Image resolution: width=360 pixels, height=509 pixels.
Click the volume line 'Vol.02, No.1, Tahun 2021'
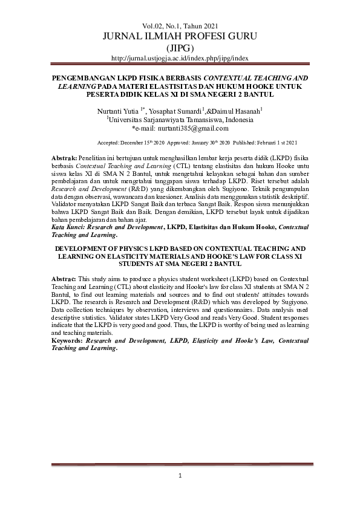pos(180,26)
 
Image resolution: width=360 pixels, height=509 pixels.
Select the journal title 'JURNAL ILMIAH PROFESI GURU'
pos(180,37)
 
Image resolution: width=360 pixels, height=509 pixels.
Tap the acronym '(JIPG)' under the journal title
pos(180,48)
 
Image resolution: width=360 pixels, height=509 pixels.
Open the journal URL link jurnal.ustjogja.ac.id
pos(180,58)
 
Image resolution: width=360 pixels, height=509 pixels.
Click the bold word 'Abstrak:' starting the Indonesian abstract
pos(64,157)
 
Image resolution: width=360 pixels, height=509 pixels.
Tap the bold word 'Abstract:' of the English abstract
pos(64,294)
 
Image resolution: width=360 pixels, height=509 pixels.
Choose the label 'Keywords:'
pos(67,341)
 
